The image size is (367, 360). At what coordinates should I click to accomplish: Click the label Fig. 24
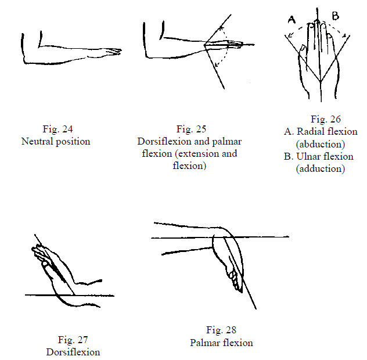click(58, 129)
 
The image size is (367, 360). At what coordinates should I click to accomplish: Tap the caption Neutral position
click(56, 141)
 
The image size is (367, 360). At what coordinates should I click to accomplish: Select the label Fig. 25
click(191, 129)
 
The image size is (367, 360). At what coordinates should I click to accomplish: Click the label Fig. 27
click(73, 340)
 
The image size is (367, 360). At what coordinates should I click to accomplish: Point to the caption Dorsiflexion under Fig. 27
click(73, 352)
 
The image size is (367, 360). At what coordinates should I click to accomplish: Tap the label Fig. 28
click(221, 330)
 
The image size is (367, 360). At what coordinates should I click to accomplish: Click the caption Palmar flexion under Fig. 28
click(221, 343)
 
